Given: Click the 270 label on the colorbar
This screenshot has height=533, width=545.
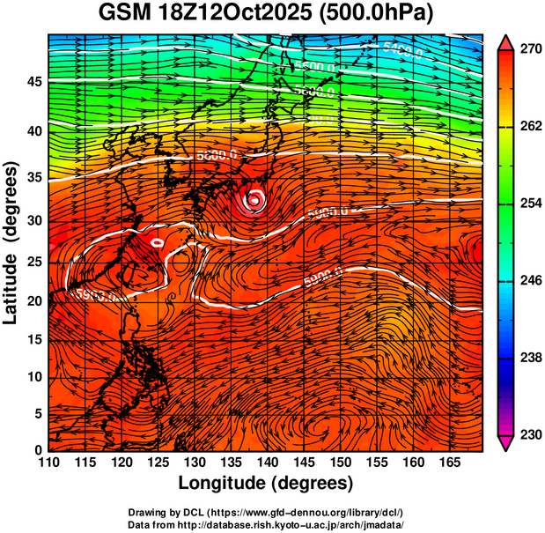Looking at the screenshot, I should click(x=528, y=50).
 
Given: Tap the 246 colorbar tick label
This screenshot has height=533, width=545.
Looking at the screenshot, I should click(x=528, y=281).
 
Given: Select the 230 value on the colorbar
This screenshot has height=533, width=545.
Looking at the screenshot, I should click(x=528, y=434).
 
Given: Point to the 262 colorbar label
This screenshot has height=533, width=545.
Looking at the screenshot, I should click(x=528, y=127).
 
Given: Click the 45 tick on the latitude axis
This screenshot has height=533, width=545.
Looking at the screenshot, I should click(x=32, y=81).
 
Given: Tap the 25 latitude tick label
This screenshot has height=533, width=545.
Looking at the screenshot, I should click(x=32, y=261).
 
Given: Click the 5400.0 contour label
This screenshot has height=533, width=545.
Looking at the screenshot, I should click(x=402, y=51).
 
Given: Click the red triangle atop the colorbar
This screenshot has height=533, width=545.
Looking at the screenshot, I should click(x=506, y=41).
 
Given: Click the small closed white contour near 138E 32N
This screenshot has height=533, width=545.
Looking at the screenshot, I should click(x=255, y=198).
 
